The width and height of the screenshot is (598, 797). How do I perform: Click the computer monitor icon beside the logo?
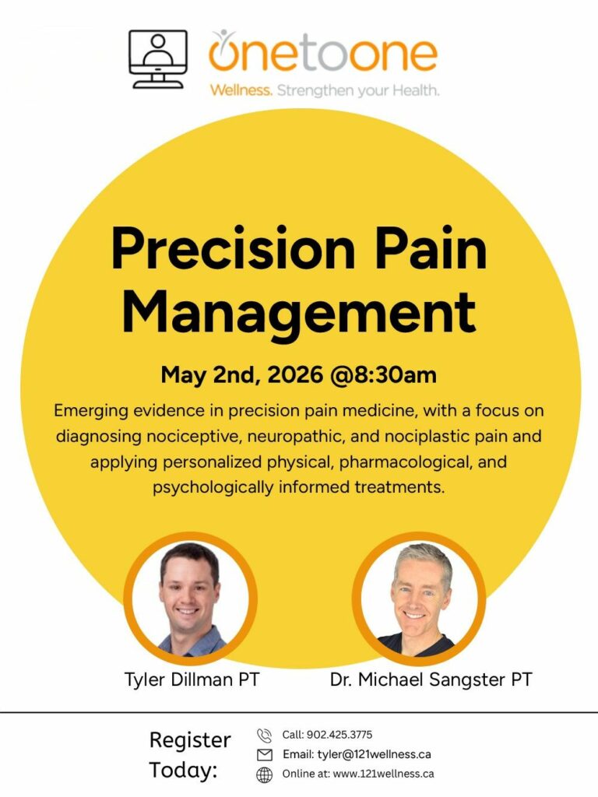pos(157,58)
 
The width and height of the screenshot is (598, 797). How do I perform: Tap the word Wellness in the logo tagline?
pos(241,90)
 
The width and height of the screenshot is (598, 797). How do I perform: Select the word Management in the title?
pos(299,313)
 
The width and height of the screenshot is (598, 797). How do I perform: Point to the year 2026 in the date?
pos(295,375)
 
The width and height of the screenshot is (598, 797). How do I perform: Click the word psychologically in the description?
pos(213,487)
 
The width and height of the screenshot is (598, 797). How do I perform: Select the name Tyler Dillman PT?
pos(192,679)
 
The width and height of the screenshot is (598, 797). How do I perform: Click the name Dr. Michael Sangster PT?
pos(431,679)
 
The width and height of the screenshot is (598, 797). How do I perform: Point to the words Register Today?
pos(190,755)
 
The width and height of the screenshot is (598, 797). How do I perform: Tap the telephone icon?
pos(265,736)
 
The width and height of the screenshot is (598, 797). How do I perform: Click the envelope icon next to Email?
pos(265,755)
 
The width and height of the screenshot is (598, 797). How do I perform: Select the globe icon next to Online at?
pos(265,774)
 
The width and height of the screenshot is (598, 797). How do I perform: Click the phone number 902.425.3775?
pos(339,735)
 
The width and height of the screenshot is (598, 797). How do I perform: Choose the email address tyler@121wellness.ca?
pos(375,754)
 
